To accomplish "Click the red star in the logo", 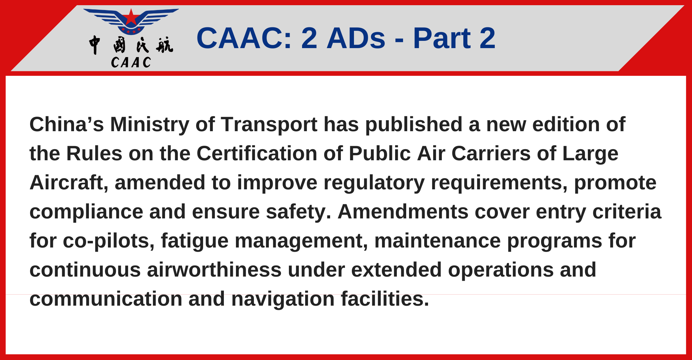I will pos(131,17).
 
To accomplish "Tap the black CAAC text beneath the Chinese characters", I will pos(131,63).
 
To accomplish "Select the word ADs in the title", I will pos(356,38).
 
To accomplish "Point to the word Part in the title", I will pos(441,38).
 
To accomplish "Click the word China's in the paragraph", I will pos(66,124).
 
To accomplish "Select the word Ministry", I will pos(149,124).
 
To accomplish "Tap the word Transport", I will pos(269,124).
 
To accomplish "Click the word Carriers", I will pos(491,153).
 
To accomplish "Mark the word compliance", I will pos(86,211).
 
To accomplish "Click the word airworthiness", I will pos(214,270).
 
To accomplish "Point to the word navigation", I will pos(283,299).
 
